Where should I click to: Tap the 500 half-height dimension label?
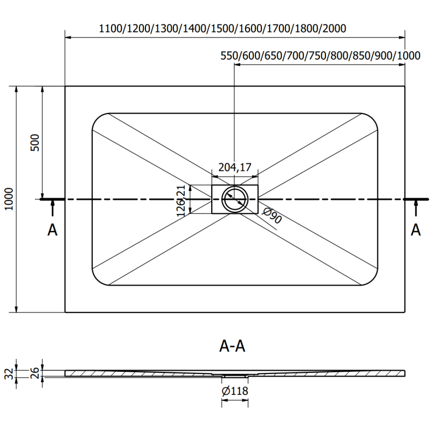36,143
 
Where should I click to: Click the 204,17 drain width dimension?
235,167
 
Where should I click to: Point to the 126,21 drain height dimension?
182,200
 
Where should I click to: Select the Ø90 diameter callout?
273,218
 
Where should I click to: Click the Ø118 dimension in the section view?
235,392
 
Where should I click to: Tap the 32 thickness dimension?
7,372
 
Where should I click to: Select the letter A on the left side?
52,230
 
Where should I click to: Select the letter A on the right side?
416,230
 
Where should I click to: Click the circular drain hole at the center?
235,199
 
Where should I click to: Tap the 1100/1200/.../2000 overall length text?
223,28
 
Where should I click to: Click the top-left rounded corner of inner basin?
98,119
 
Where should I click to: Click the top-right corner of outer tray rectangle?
405,86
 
